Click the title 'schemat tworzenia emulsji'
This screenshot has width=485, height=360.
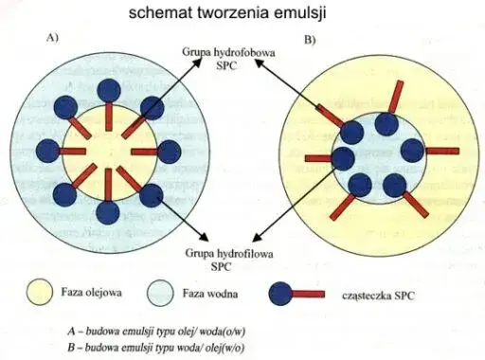242,13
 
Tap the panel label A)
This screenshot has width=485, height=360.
54,39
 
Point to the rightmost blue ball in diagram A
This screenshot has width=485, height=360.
171,151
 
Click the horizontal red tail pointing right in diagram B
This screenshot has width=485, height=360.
441,151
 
